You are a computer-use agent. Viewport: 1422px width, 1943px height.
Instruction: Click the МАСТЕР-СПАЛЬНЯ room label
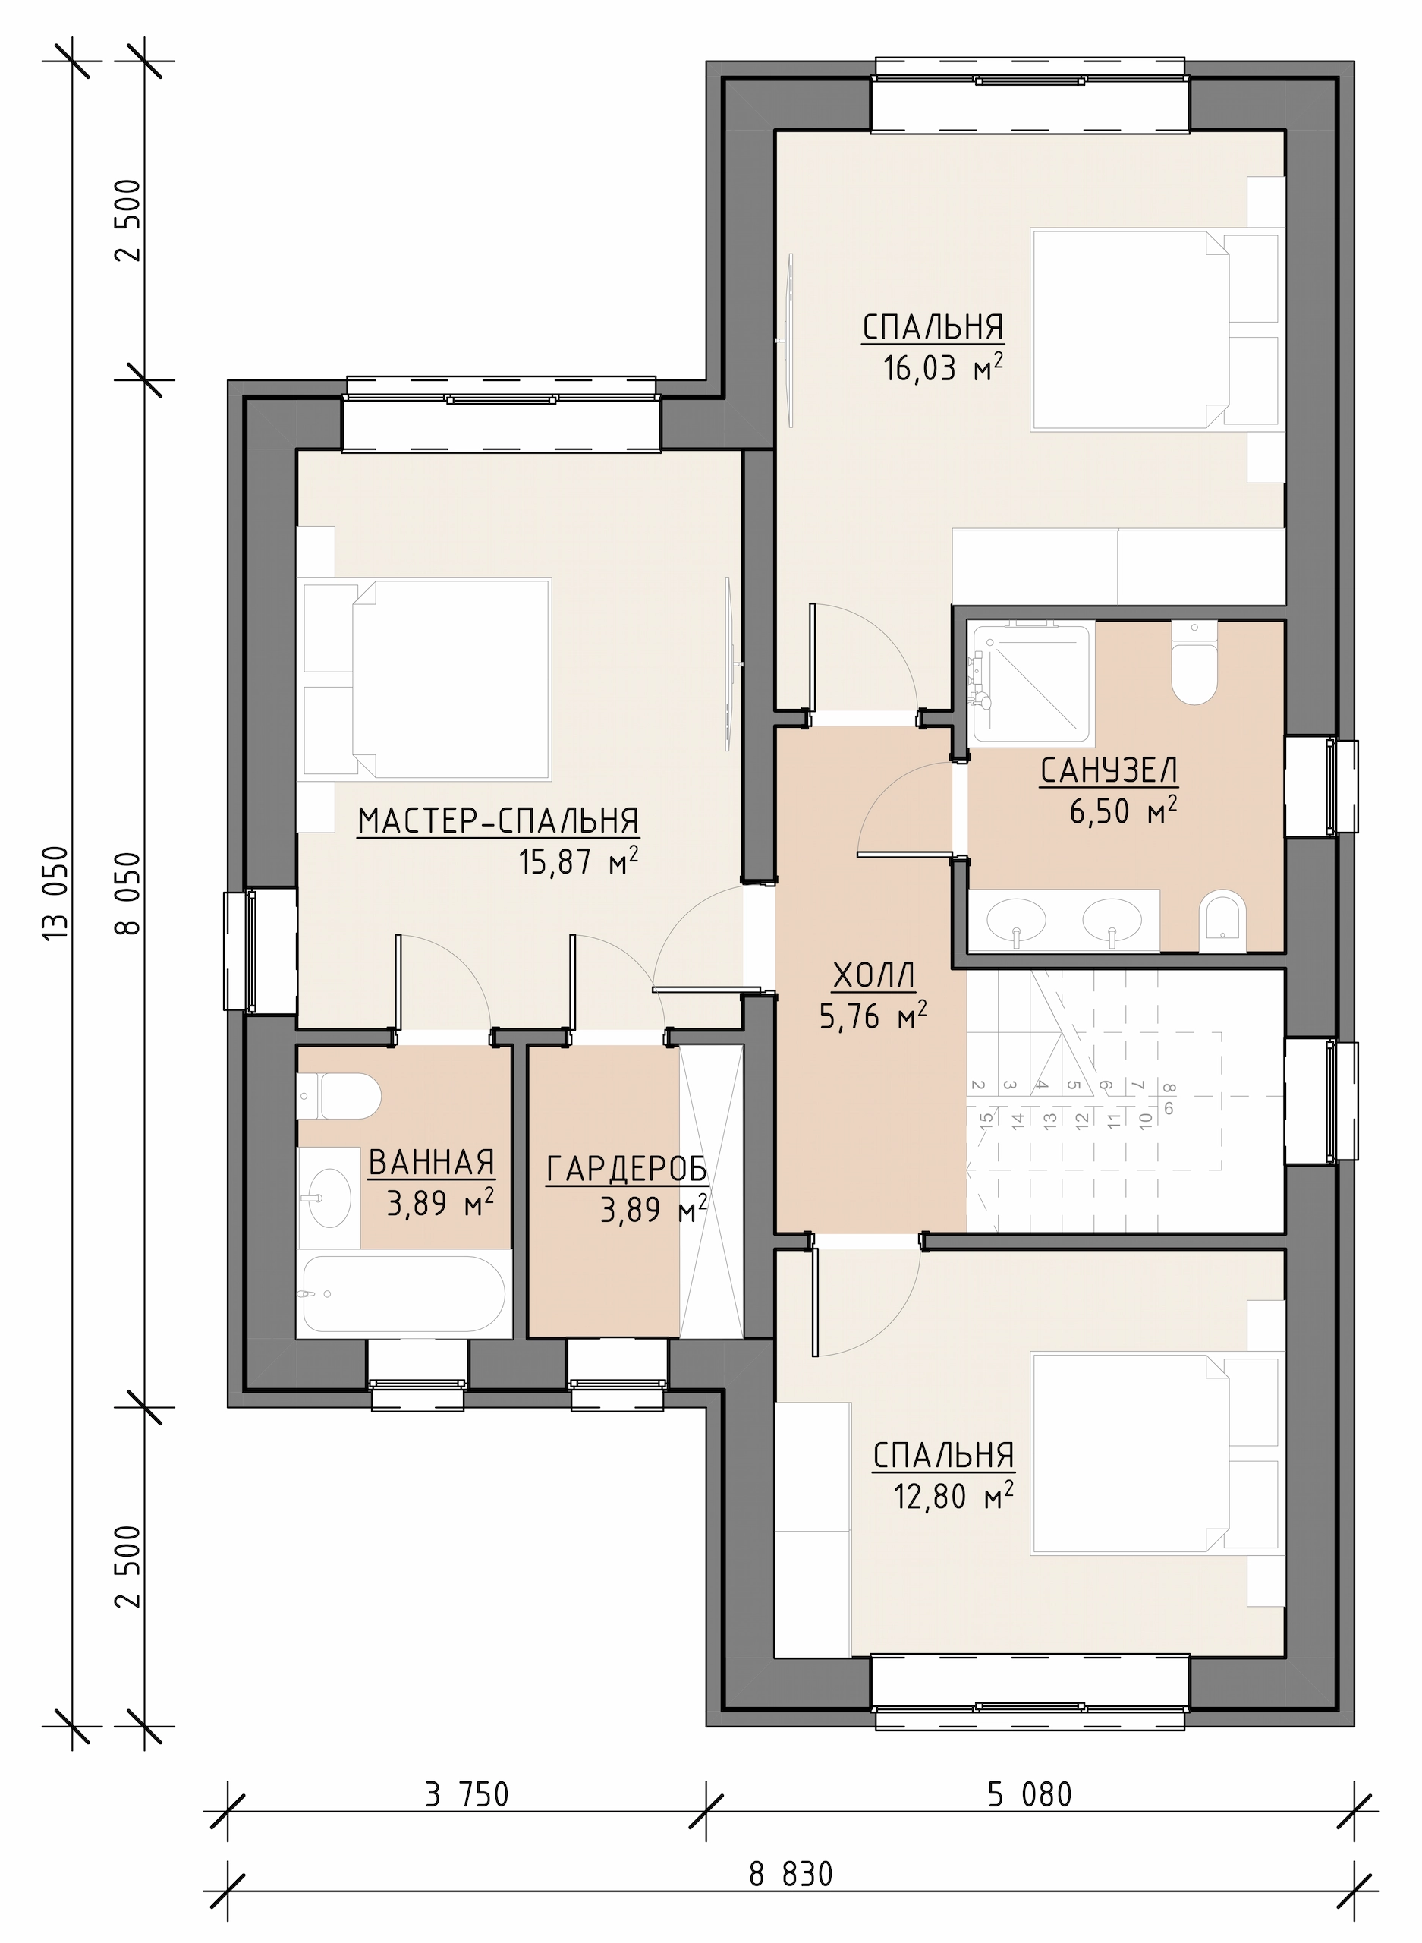499,822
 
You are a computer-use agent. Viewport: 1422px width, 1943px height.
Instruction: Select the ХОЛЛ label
875,976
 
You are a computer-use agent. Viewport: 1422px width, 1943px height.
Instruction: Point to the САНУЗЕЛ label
1109,771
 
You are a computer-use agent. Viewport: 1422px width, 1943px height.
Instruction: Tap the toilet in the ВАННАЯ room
339,1096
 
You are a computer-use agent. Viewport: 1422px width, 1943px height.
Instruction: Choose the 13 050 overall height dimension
57,896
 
